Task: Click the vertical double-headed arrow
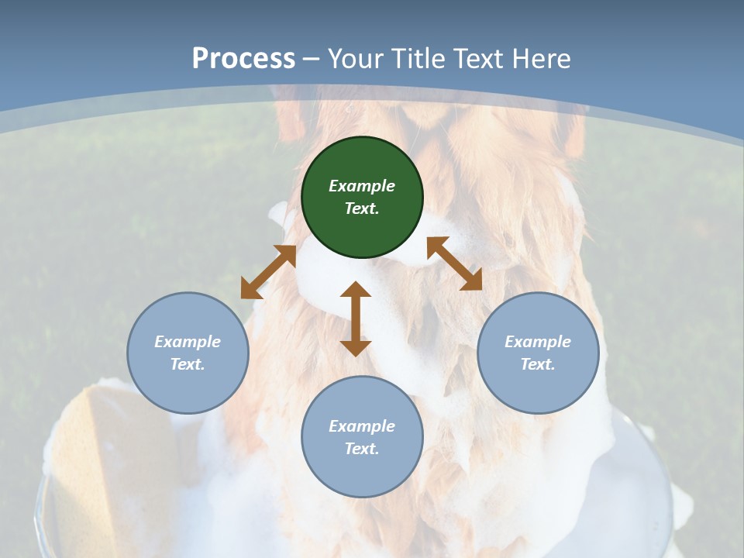(x=356, y=319)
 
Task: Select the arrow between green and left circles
(x=268, y=272)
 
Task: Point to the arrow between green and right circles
(x=454, y=263)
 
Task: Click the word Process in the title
(x=243, y=58)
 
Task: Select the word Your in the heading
(x=356, y=58)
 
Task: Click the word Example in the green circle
(x=362, y=186)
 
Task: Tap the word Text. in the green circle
(x=362, y=208)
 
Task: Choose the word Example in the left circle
(x=188, y=342)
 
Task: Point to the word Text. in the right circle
(x=538, y=364)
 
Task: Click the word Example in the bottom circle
(x=362, y=426)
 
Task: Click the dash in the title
(x=312, y=59)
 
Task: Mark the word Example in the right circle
(x=538, y=342)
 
